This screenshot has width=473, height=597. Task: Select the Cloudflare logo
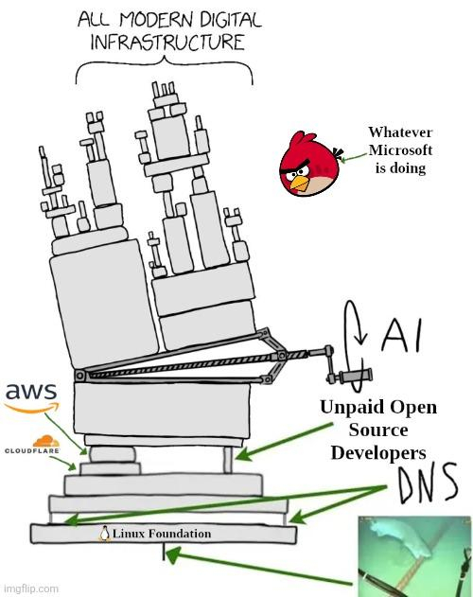point(32,447)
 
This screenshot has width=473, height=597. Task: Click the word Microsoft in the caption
point(400,151)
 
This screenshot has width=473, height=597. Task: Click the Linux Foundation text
point(162,534)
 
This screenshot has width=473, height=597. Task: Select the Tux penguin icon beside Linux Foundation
point(105,534)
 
